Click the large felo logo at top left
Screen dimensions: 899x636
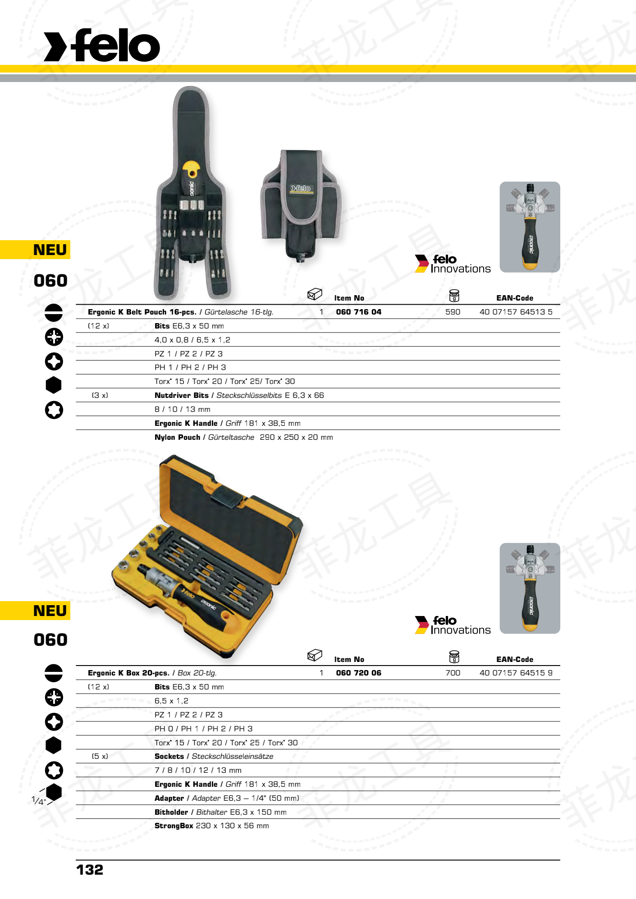click(102, 46)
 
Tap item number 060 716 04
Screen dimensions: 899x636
click(358, 312)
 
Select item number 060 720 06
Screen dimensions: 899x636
click(358, 673)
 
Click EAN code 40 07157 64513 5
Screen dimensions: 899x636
click(516, 312)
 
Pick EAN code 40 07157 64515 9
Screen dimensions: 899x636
click(516, 673)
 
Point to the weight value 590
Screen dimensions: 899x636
click(453, 312)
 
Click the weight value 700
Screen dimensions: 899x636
click(453, 673)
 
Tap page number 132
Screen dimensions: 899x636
click(90, 870)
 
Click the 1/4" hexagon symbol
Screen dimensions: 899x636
click(53, 792)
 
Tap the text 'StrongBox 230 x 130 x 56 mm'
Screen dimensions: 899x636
click(211, 826)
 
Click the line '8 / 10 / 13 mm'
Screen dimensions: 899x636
click(182, 409)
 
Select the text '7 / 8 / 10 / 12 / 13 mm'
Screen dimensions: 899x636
click(198, 770)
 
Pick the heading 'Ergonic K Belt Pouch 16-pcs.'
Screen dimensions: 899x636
click(142, 312)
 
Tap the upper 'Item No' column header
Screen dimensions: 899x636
click(349, 298)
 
